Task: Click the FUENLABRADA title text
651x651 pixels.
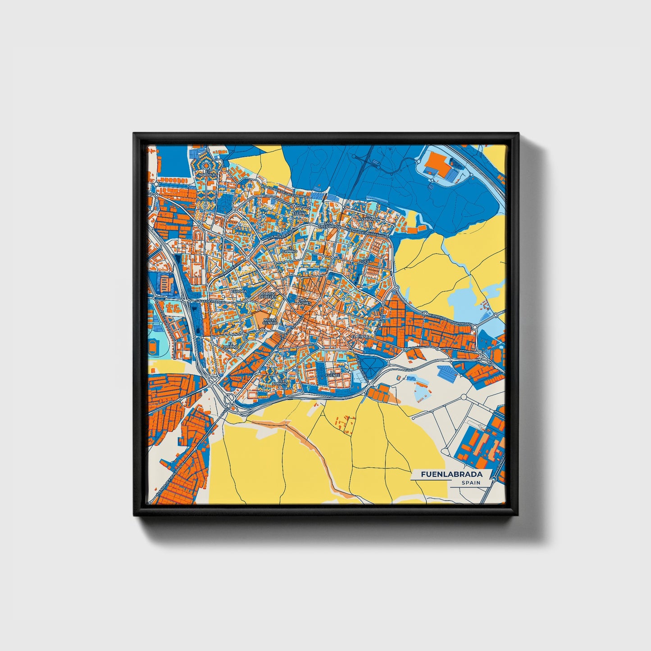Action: coord(451,474)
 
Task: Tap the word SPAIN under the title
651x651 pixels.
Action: coord(470,483)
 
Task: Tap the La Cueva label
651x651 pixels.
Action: coord(364,259)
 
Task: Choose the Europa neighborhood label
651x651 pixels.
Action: coord(239,291)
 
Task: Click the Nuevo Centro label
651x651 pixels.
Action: coord(270,321)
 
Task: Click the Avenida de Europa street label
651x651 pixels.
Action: coord(280,234)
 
